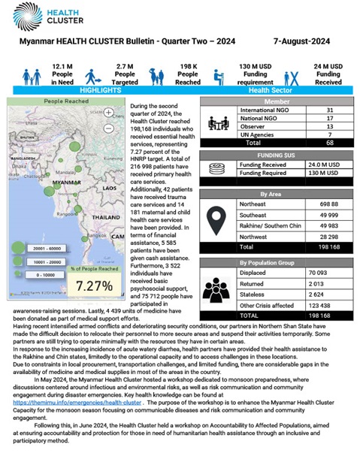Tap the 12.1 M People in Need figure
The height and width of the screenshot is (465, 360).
[62, 75]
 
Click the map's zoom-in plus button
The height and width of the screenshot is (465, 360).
[110, 113]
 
